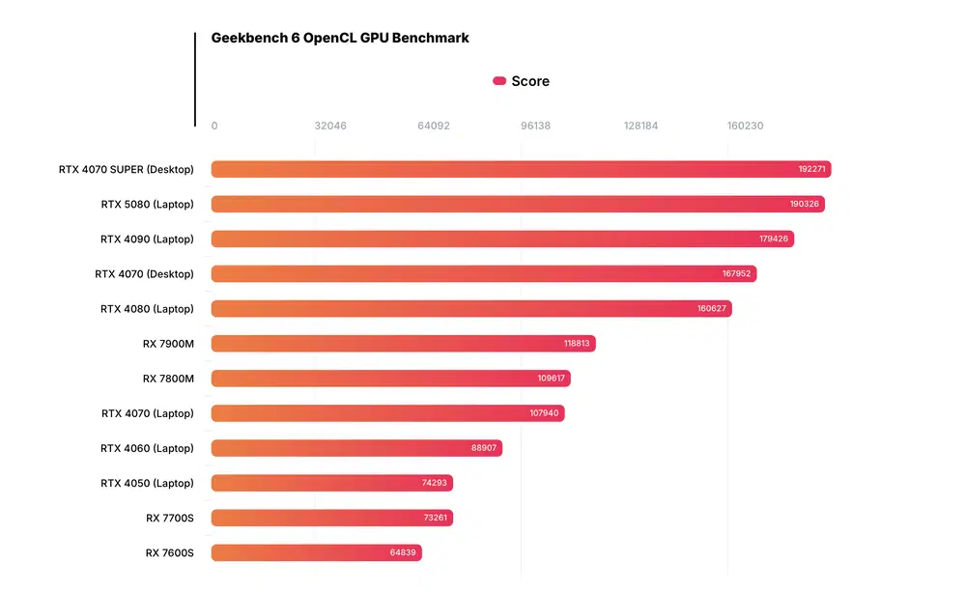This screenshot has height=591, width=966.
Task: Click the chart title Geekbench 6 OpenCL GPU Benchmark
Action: (340, 39)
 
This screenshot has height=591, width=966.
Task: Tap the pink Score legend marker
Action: (499, 81)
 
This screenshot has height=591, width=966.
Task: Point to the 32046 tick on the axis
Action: (330, 126)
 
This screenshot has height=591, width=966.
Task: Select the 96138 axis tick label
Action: (535, 126)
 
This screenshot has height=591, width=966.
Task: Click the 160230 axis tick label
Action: (745, 126)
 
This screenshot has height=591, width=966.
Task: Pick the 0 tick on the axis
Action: (214, 126)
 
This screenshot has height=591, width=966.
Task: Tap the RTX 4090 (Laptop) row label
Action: (147, 239)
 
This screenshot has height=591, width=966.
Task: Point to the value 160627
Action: (711, 309)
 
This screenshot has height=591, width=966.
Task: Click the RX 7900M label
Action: (168, 343)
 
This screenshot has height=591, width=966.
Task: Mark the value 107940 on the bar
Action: (545, 413)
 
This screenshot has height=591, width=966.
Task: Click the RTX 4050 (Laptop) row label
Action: (147, 483)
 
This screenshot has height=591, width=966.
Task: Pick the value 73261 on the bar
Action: (435, 518)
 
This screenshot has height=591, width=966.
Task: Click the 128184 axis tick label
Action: (640, 126)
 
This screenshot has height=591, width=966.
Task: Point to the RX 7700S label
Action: (170, 518)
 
